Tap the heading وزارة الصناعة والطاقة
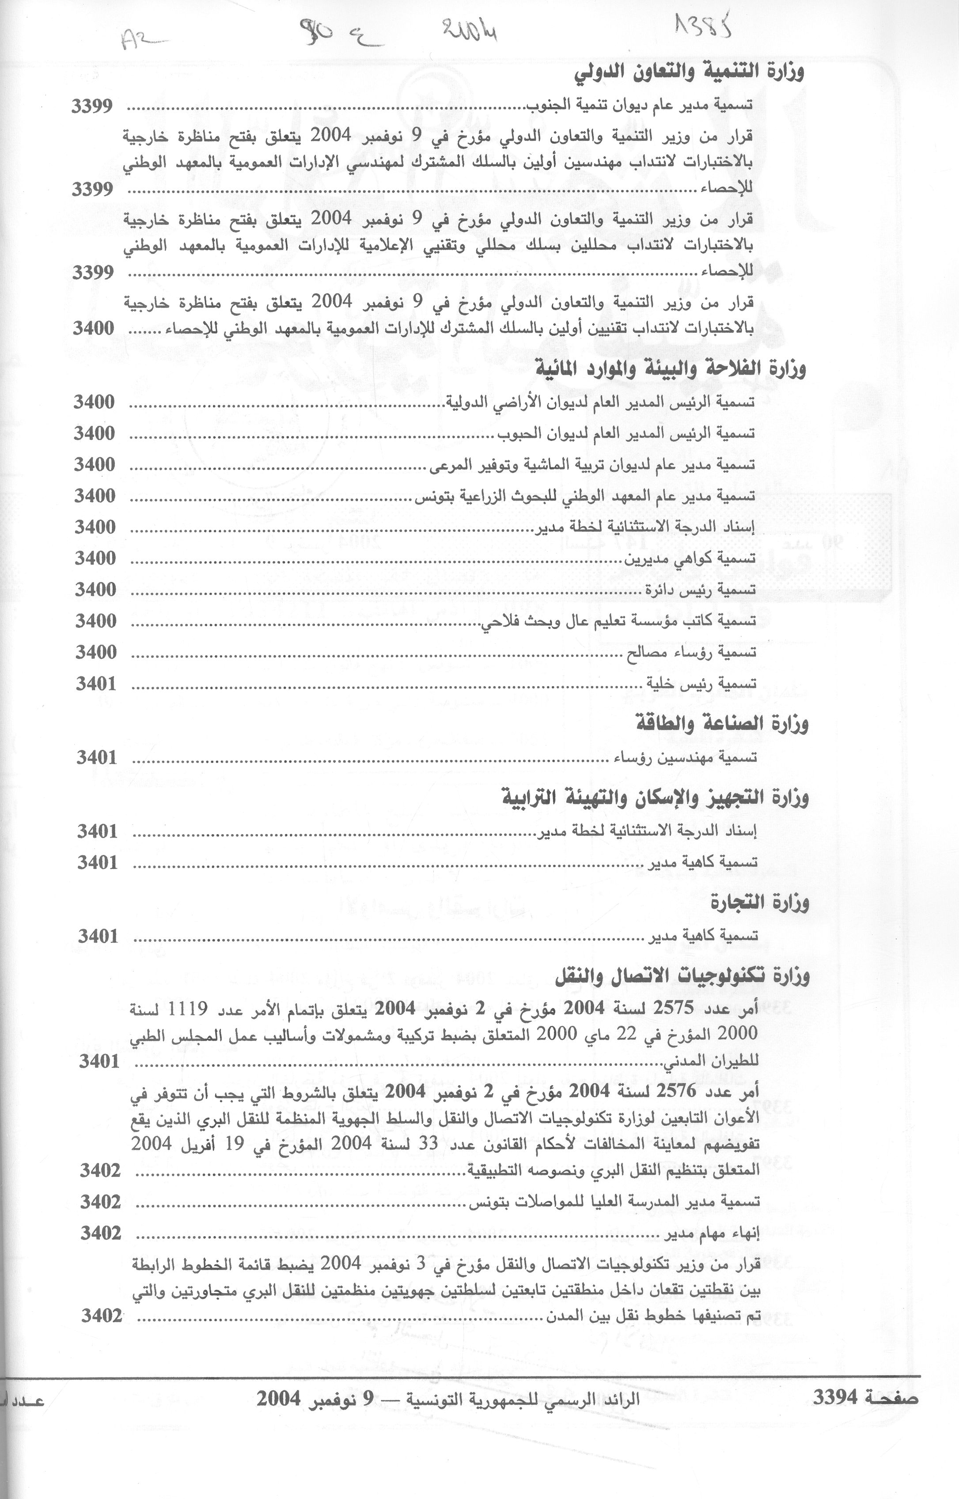pyautogui.click(x=722, y=724)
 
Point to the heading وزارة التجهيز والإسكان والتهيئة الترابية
pyautogui.click(x=655, y=798)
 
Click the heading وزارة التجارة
pyautogui.click(x=760, y=902)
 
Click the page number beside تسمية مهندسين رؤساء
pyautogui.click(x=97, y=758)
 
